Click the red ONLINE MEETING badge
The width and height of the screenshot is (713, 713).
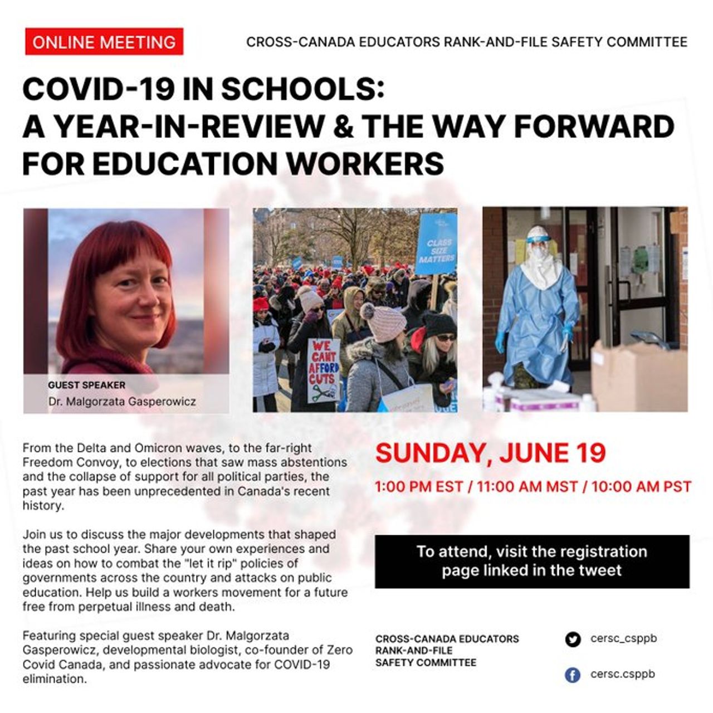pyautogui.click(x=104, y=42)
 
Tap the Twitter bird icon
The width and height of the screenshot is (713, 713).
pyautogui.click(x=572, y=639)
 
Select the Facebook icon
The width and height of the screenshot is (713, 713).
pyautogui.click(x=572, y=675)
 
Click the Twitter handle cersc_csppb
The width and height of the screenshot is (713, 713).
pyautogui.click(x=623, y=638)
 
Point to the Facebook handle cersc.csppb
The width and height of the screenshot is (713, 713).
pyautogui.click(x=622, y=674)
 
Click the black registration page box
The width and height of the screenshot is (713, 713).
pyautogui.click(x=532, y=561)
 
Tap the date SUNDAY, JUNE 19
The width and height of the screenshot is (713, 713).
pyautogui.click(x=490, y=453)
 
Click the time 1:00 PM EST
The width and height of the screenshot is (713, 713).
pyautogui.click(x=419, y=487)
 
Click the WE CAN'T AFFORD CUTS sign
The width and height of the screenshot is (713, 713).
pyautogui.click(x=323, y=370)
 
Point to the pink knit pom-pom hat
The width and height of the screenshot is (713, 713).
pyautogui.click(x=384, y=323)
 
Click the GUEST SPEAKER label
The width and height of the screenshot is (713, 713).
pyautogui.click(x=87, y=385)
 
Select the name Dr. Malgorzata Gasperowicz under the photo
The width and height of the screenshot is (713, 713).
pyautogui.click(x=122, y=401)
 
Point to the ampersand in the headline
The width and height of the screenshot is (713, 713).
pyautogui.click(x=345, y=126)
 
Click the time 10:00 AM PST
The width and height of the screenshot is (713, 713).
pyautogui.click(x=641, y=487)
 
